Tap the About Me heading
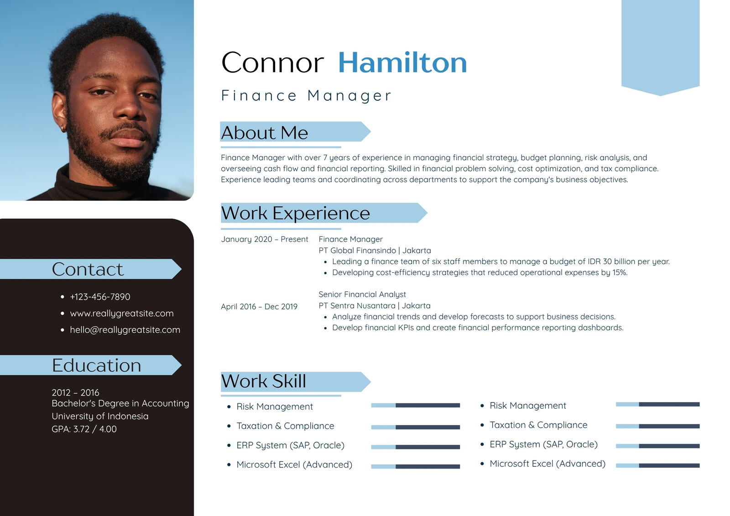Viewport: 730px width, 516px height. (x=264, y=132)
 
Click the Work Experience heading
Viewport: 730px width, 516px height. (x=295, y=213)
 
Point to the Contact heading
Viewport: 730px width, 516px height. (x=88, y=269)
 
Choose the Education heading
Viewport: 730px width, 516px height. (x=96, y=365)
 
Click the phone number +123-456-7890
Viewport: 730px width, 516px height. (x=100, y=297)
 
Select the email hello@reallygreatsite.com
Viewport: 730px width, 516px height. (x=125, y=329)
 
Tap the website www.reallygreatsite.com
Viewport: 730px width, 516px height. (x=121, y=313)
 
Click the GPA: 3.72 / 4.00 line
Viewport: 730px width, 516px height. (x=84, y=429)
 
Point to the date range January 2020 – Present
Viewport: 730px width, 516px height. (x=264, y=239)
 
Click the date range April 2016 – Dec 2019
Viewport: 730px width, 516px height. (x=259, y=307)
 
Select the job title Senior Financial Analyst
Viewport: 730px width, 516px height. (x=362, y=294)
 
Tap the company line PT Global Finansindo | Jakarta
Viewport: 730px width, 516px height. (x=375, y=250)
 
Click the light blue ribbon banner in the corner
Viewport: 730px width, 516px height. (x=660, y=46)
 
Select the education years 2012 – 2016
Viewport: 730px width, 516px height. (x=75, y=392)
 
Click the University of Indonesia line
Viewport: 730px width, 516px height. (x=100, y=416)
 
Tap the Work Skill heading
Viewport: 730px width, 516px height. (x=263, y=381)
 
